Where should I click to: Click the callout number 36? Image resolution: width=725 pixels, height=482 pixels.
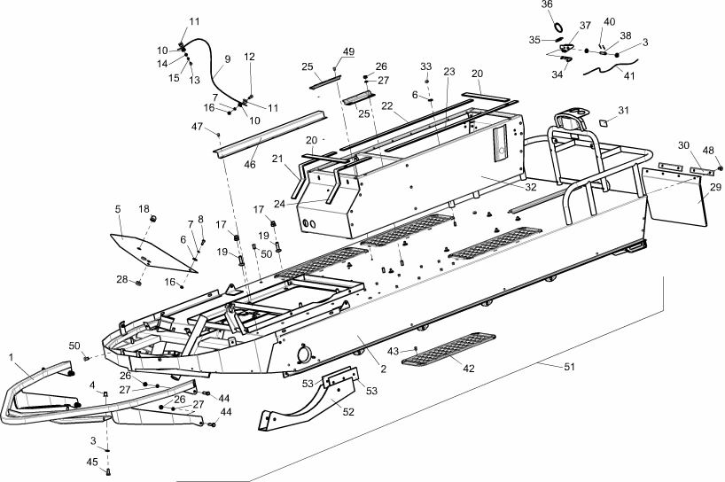pyautogui.click(x=547, y=4)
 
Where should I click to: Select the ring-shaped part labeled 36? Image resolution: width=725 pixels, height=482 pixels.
pyautogui.click(x=558, y=27)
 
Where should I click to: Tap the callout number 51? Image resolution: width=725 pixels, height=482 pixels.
pyautogui.click(x=569, y=367)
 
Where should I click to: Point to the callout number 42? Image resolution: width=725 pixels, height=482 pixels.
pyautogui.click(x=469, y=369)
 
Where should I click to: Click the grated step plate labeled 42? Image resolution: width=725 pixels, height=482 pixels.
pyautogui.click(x=448, y=349)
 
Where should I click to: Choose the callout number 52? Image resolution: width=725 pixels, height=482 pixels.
pyautogui.click(x=348, y=411)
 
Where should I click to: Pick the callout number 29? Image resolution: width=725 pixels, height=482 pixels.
pyautogui.click(x=716, y=187)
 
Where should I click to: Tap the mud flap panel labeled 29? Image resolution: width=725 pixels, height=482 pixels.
pyautogui.click(x=675, y=197)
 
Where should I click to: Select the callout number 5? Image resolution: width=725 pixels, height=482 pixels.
pyautogui.click(x=118, y=209)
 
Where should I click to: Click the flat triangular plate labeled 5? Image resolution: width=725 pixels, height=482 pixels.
pyautogui.click(x=152, y=253)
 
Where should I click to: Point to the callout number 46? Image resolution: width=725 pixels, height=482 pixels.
pyautogui.click(x=250, y=164)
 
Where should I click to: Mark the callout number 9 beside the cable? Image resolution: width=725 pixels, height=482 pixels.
pyautogui.click(x=228, y=59)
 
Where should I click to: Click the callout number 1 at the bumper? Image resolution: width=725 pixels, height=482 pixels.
pyautogui.click(x=11, y=357)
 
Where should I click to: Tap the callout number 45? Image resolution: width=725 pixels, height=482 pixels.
pyautogui.click(x=92, y=462)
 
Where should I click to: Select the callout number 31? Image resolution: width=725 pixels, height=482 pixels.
pyautogui.click(x=624, y=110)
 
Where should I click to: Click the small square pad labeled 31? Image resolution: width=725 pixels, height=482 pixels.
pyautogui.click(x=604, y=122)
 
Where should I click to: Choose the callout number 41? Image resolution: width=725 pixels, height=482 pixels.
pyautogui.click(x=629, y=75)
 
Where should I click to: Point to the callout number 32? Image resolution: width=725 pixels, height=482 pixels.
pyautogui.click(x=531, y=187)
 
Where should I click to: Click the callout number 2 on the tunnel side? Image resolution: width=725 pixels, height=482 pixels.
pyautogui.click(x=383, y=369)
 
